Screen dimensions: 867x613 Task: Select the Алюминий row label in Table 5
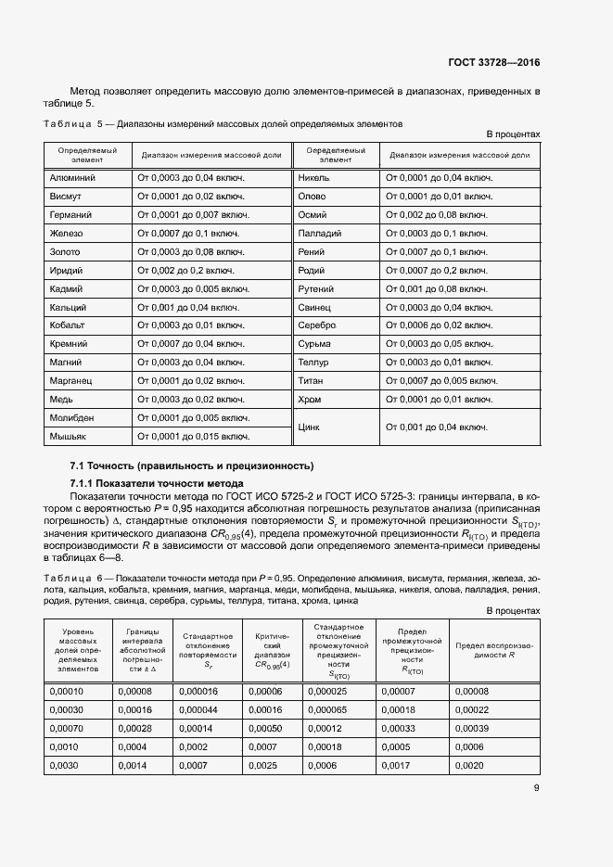pos(71,176)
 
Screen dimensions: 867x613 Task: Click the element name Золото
pos(65,251)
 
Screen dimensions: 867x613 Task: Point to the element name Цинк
pos(308,427)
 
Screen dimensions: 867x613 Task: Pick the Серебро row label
pos(316,325)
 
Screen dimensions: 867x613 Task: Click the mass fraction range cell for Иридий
pos(185,270)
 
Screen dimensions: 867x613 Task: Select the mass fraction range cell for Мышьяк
pos(193,436)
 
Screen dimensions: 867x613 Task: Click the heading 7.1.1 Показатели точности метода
pos(157,484)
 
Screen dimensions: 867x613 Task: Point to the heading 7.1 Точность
pos(192,465)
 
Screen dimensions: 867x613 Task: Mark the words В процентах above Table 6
pos(513,611)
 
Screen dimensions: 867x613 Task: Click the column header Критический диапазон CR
pos(272,652)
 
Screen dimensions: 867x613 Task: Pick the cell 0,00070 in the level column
pos(66,728)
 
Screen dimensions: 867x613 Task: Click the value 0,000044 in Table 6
pos(198,709)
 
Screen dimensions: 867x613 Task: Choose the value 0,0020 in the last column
pos(470,765)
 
